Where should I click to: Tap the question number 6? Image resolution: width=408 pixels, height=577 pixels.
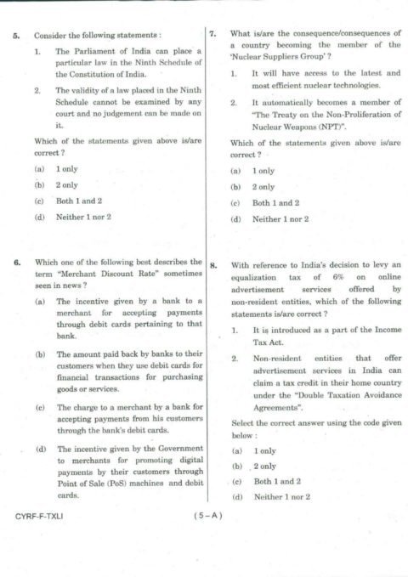coord(17,262)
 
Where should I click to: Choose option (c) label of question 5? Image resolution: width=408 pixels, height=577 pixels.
coord(39,201)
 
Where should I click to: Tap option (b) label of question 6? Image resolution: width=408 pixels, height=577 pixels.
coord(39,352)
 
